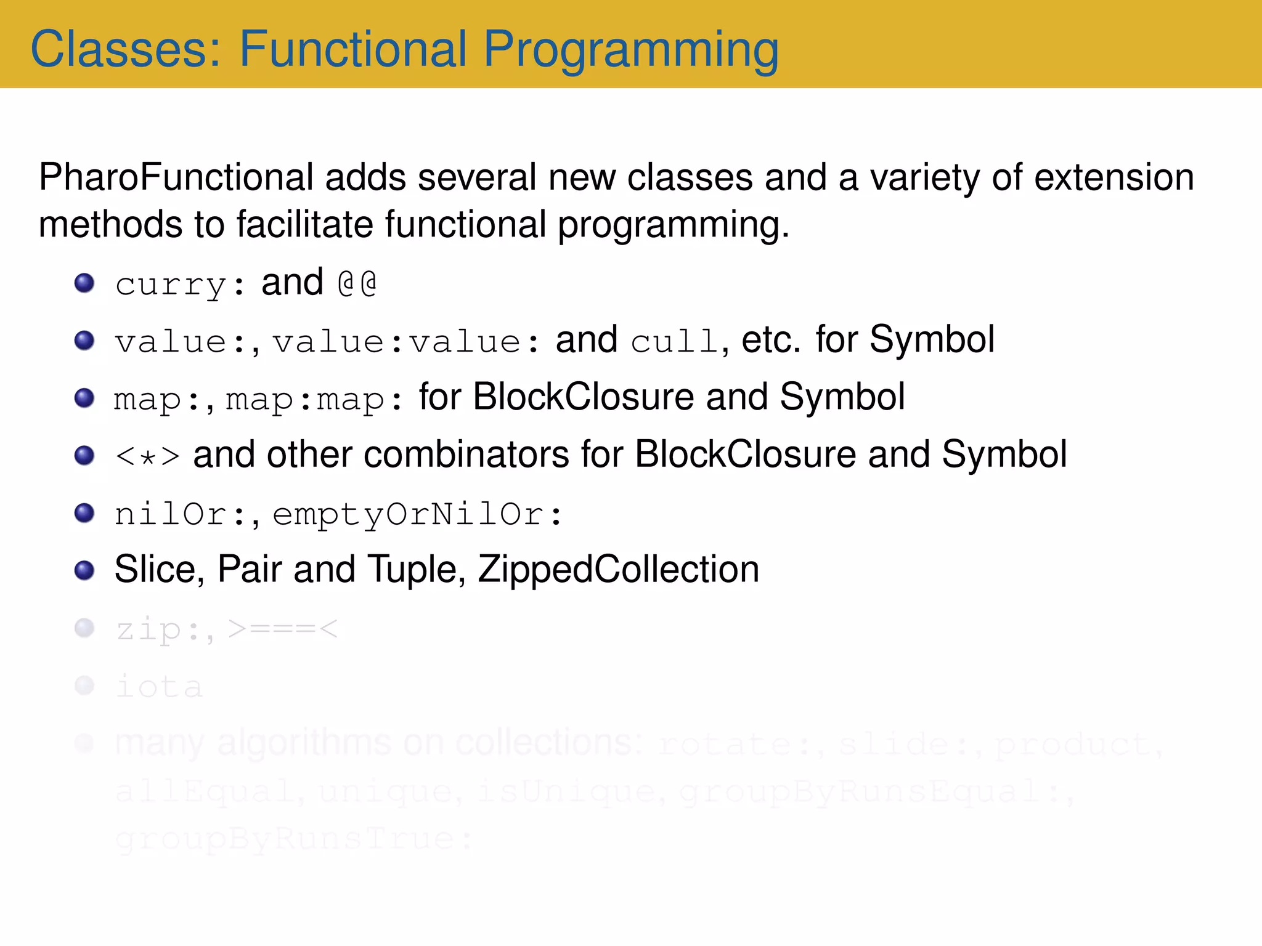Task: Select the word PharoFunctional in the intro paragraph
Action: click(176, 178)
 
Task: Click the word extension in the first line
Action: click(1113, 178)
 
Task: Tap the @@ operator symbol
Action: click(357, 284)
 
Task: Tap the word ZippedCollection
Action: click(618, 570)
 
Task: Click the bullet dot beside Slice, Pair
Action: click(84, 570)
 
